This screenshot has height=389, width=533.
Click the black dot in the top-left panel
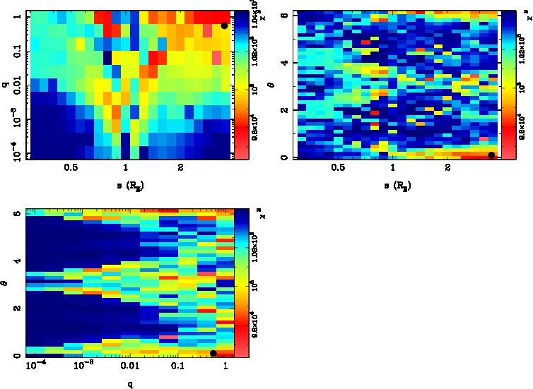point(224,25)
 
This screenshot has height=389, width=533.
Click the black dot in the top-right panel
point(492,155)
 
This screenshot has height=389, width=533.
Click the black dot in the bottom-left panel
point(213,353)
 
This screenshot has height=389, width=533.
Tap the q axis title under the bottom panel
point(130,384)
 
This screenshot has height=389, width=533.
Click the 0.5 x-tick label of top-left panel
point(70,169)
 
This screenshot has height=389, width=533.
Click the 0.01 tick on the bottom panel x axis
point(130,366)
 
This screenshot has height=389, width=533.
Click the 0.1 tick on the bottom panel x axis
point(177,366)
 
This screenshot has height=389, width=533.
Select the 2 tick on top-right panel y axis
point(283,110)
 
